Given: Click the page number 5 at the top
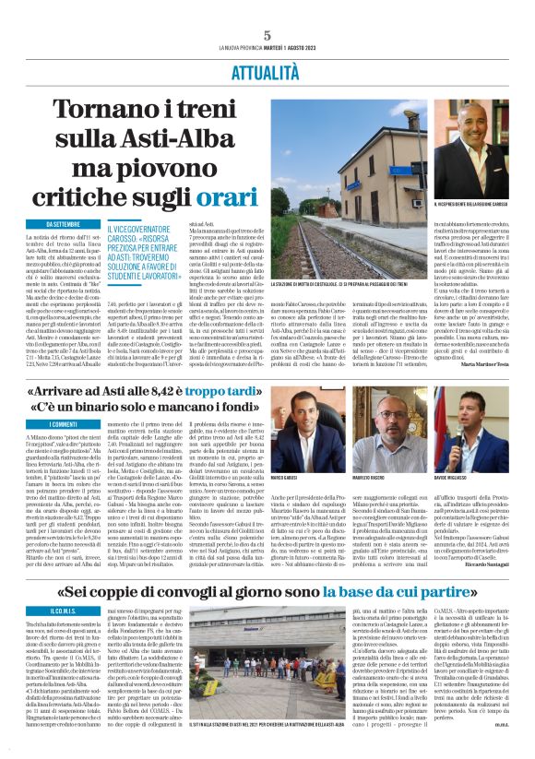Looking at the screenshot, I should coord(267,34).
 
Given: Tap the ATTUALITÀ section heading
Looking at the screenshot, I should coord(267,70).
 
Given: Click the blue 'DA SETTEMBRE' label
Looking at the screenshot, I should coord(49,224).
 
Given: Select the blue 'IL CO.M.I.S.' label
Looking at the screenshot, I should coord(42,611).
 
